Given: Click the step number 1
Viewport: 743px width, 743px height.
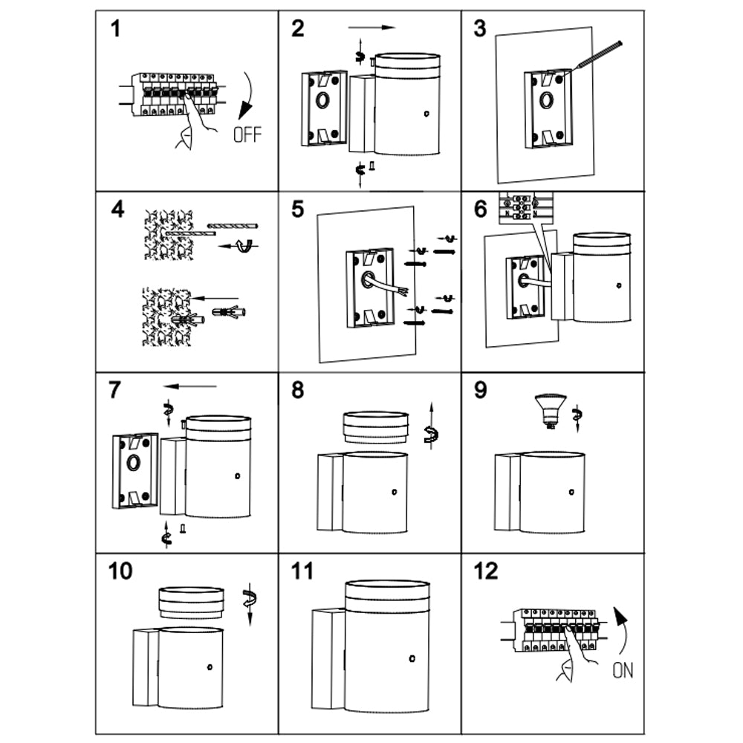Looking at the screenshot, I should [115, 30].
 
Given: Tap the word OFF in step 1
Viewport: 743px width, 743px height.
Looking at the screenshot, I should [247, 134].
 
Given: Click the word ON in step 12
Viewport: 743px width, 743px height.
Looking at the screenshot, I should [623, 671].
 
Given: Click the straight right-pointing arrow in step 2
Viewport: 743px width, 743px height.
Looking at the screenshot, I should [371, 27].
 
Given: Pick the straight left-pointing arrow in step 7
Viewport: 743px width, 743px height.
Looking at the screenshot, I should [190, 386].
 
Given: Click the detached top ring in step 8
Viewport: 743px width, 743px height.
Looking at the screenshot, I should [375, 429].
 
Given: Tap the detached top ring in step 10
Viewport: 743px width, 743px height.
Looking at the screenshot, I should [192, 602].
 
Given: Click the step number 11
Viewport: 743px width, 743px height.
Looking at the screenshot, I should [302, 572].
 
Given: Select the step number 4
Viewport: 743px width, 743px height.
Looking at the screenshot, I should [117, 210].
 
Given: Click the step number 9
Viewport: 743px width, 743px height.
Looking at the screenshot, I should [481, 389].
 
